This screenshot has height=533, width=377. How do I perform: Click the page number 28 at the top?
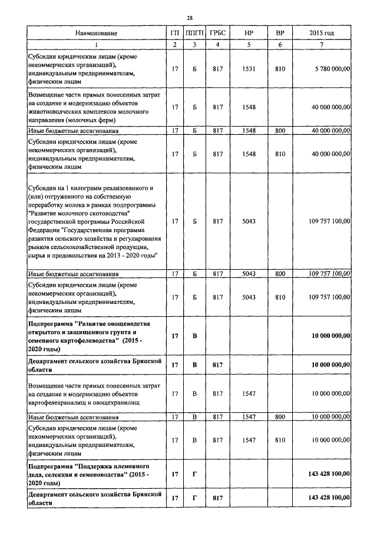190,18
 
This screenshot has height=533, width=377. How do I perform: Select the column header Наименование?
96,34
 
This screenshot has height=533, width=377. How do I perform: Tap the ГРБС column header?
217,34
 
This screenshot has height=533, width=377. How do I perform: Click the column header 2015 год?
321,34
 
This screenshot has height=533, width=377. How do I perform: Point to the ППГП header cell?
195,34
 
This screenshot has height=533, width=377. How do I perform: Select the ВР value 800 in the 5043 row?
280,274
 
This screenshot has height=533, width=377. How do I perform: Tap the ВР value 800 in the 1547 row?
280,417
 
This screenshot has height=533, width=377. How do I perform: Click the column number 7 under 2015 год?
321,45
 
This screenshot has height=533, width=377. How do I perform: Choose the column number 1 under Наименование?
96,45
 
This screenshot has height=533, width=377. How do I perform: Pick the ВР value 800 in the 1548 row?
280,130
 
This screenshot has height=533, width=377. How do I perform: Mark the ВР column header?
280,34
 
